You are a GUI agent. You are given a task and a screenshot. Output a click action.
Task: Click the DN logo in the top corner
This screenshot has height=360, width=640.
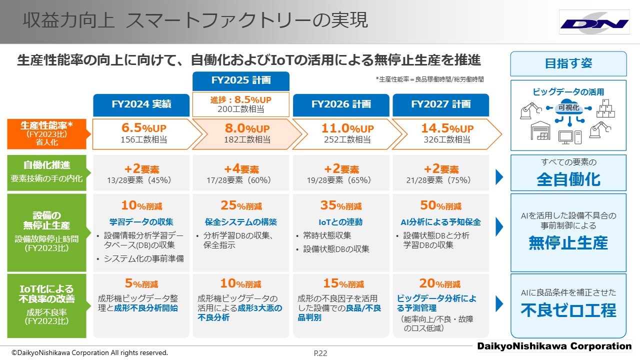coord(594,23)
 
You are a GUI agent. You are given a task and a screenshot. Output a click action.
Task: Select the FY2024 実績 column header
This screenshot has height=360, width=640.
coord(141,104)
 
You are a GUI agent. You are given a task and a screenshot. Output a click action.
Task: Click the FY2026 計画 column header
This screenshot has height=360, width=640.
coord(341,104)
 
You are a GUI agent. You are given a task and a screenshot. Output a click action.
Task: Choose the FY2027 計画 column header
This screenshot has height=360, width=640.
coord(441,104)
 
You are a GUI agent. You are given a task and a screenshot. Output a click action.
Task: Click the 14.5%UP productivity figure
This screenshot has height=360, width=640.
coord(447,129)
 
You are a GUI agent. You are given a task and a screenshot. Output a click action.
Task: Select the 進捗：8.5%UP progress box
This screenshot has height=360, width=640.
coord(241,104)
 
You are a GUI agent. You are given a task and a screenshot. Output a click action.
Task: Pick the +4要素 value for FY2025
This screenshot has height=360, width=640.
coord(241,169)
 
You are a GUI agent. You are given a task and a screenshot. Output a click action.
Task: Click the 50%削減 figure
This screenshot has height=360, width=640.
coord(441,205)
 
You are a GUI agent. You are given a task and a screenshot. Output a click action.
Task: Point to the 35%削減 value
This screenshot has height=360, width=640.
coord(341,205)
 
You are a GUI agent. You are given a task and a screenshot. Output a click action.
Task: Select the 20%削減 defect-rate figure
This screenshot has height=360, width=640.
coord(441,283)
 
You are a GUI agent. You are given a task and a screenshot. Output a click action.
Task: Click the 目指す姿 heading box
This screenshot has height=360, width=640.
coord(568,63)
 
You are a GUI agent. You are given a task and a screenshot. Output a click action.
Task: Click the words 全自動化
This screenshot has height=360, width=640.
coord(568,179)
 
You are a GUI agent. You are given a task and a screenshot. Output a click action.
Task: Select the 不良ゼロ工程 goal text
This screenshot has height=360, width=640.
coord(568,310)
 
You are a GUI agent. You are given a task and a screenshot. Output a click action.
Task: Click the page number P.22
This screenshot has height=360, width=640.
coord(320,353)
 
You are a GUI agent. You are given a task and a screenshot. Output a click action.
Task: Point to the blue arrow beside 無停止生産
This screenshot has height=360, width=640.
coord(499,226)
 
